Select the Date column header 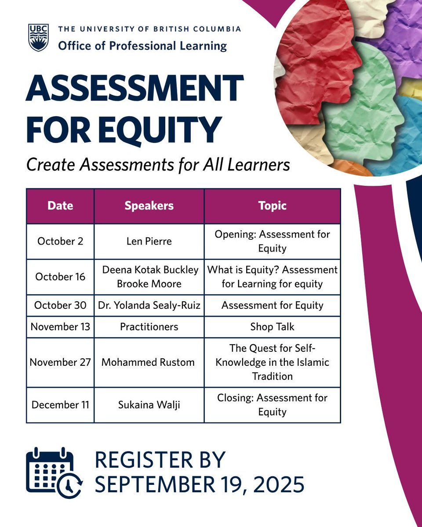click(x=60, y=206)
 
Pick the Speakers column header click(x=149, y=206)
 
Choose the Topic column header click(x=273, y=206)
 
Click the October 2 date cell click(x=60, y=241)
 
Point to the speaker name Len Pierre click(x=149, y=241)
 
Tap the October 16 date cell click(x=60, y=277)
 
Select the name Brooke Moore click(x=149, y=284)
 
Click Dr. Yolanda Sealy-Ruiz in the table click(x=149, y=305)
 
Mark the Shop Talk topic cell click(x=273, y=327)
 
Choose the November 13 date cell click(x=60, y=327)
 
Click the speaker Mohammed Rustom click(x=148, y=362)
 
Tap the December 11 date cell click(x=60, y=404)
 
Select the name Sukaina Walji click(x=149, y=404)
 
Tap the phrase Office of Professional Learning click(x=142, y=45)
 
